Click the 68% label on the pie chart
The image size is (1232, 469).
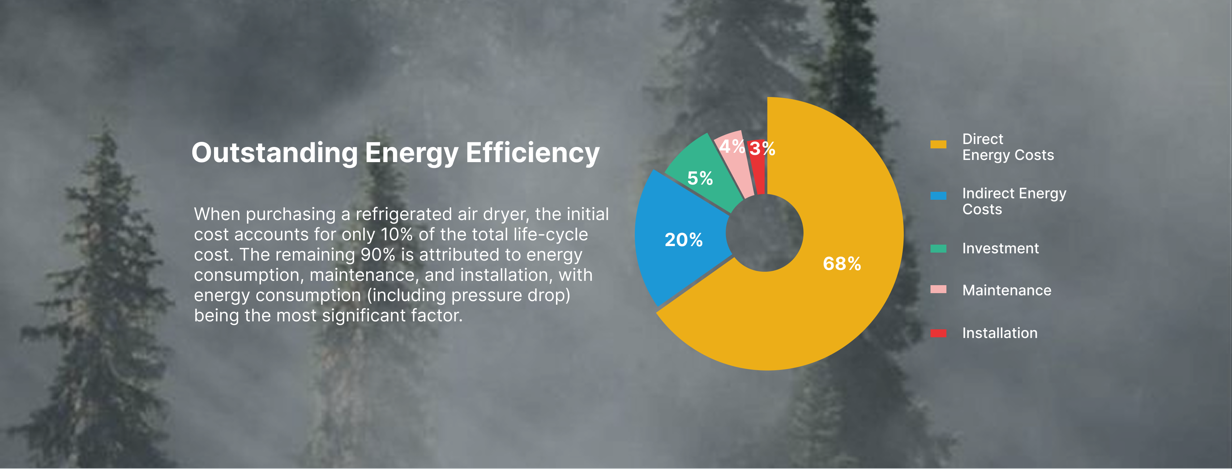[x=842, y=264]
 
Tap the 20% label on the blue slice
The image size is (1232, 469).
[x=684, y=240]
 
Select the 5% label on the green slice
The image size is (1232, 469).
[x=700, y=178]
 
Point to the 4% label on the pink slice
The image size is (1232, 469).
[x=732, y=147]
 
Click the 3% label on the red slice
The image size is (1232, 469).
[x=762, y=148]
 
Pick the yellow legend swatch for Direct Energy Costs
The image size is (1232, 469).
[x=938, y=144]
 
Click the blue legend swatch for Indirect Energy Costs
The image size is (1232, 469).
[x=938, y=195]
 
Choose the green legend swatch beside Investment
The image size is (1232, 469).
[x=938, y=248]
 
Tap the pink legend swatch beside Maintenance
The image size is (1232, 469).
[x=938, y=289]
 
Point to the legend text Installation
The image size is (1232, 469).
[x=1000, y=333]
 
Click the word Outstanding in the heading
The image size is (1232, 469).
[x=274, y=153]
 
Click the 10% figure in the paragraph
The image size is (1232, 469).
[x=397, y=234]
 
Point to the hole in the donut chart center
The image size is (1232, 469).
[x=764, y=233]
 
